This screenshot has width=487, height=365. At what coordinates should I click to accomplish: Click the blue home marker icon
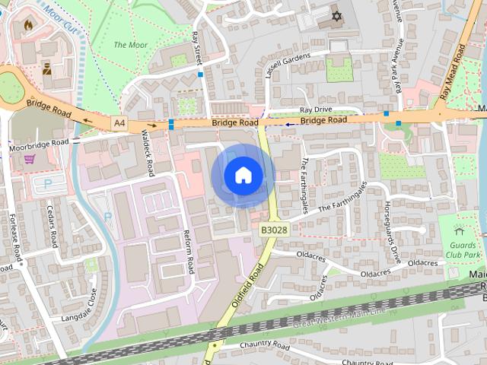coord(243,176)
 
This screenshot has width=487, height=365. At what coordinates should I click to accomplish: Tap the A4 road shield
coord(119,122)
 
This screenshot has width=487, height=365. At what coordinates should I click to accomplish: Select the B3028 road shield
coord(274,229)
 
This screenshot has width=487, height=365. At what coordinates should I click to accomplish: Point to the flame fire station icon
coord(29,25)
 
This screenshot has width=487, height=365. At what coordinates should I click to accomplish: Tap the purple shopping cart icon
coord(29,159)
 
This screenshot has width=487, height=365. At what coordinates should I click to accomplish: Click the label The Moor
coord(130,45)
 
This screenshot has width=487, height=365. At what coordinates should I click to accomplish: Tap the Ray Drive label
coord(317,109)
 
